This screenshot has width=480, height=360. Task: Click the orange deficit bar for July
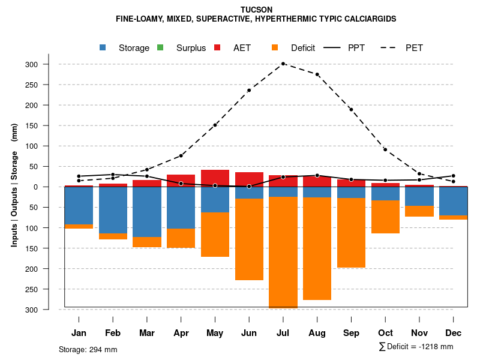[x=283, y=252]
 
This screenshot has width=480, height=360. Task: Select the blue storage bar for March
[x=147, y=212]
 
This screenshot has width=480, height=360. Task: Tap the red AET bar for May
[x=215, y=178]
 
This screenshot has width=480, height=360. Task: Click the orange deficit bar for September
[x=351, y=233]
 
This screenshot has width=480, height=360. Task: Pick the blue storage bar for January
[x=79, y=205]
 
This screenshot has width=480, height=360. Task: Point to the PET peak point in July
[x=283, y=64]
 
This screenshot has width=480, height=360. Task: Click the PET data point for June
[x=249, y=91]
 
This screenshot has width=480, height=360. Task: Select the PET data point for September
[x=351, y=109]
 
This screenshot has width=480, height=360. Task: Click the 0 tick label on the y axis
[x=52, y=187]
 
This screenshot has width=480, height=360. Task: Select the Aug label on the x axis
[x=317, y=333]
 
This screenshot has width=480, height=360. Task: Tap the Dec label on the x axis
[x=453, y=333]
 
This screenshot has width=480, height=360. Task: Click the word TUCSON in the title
[x=256, y=10]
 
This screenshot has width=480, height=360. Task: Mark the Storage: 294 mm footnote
[x=88, y=349]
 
